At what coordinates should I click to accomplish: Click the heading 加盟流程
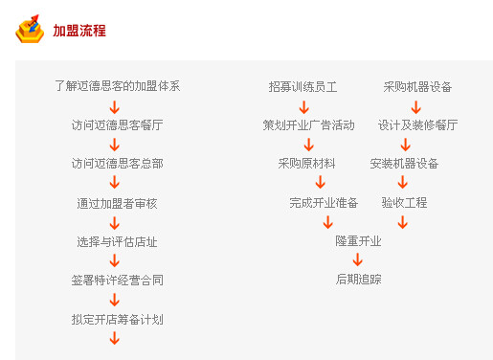coord(79,31)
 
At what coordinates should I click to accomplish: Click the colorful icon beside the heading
coord(30,30)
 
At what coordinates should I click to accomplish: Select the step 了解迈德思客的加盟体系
coord(117,86)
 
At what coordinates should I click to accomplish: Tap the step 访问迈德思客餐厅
coord(117,124)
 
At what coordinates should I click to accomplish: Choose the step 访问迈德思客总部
coord(117,164)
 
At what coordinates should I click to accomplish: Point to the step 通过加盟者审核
coord(117,203)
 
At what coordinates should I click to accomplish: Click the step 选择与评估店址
coord(117,241)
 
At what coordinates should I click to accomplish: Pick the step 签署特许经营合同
coord(117,281)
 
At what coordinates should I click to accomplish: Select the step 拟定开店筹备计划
coord(117,319)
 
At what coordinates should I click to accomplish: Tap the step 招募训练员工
coord(303,86)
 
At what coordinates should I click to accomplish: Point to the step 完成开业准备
coord(324,203)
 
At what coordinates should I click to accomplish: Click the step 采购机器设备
coord(417,86)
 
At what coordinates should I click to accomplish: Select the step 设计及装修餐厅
coord(417,124)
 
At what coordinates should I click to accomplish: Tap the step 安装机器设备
coord(404,164)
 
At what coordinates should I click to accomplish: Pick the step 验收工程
coord(404,203)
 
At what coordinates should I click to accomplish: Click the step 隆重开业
coord(358,241)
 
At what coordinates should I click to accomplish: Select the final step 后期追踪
coord(358,280)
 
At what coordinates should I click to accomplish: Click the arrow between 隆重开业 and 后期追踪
coord(358,259)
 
